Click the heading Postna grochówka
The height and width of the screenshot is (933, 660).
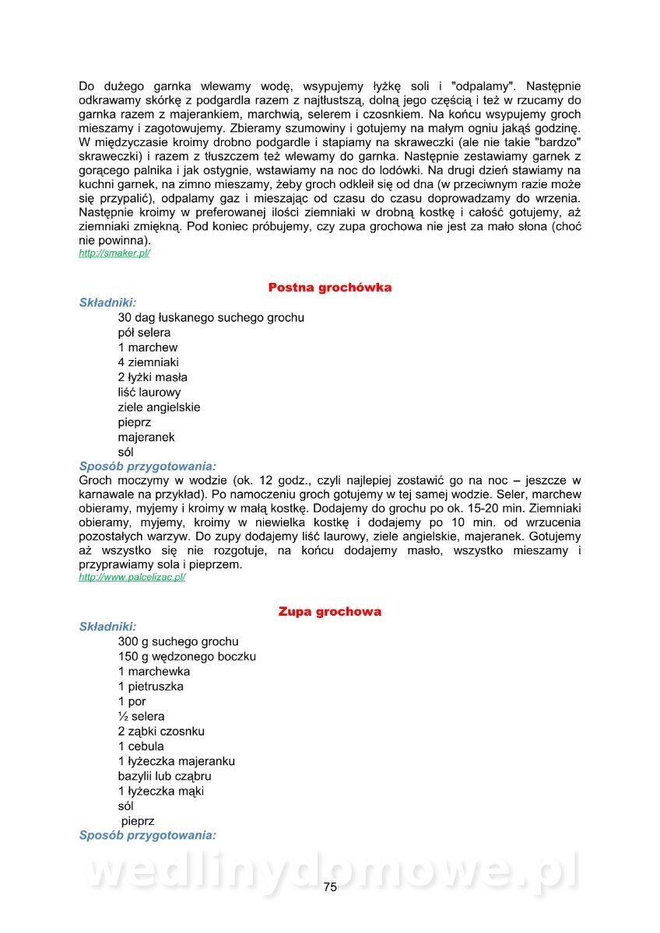(329, 288)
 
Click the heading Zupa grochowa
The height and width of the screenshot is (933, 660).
(329, 612)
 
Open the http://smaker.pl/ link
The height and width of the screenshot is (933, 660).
(114, 253)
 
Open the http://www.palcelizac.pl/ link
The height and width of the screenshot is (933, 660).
(132, 578)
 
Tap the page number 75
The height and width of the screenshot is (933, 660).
(330, 887)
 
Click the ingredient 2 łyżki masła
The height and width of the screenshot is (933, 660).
(153, 377)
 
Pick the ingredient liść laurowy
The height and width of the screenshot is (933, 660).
(149, 393)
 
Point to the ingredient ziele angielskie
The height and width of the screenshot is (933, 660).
(159, 407)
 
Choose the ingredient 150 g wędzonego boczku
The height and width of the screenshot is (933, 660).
(187, 656)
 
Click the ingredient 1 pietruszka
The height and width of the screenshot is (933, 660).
(150, 687)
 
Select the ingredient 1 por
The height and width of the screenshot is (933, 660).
(132, 701)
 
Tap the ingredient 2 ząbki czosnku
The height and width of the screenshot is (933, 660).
(161, 732)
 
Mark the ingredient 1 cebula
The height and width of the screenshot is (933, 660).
(141, 746)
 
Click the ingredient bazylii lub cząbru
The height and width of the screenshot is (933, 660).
(164, 776)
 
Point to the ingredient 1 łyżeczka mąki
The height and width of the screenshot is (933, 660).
(161, 791)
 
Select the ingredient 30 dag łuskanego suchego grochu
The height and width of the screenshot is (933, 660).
(211, 318)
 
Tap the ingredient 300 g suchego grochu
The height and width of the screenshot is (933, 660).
(178, 641)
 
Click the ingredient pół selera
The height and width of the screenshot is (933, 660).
(144, 333)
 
